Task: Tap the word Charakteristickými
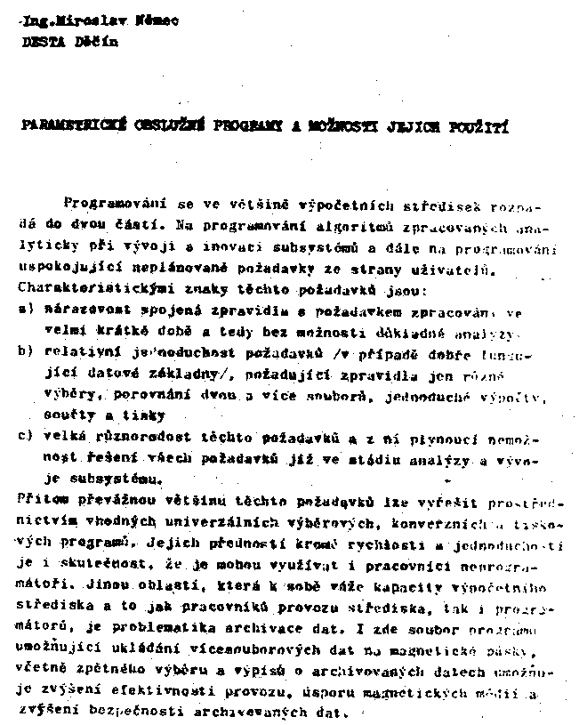click(x=81, y=289)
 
